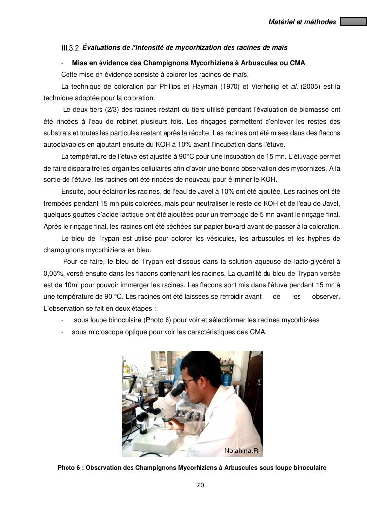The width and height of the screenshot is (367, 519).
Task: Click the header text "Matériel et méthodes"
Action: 302,22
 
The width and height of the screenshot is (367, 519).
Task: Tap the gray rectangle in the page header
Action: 353,22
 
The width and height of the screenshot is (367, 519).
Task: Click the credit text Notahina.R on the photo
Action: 241,450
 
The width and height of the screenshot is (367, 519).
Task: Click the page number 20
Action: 200,485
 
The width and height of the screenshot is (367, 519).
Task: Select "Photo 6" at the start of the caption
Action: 69,468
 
